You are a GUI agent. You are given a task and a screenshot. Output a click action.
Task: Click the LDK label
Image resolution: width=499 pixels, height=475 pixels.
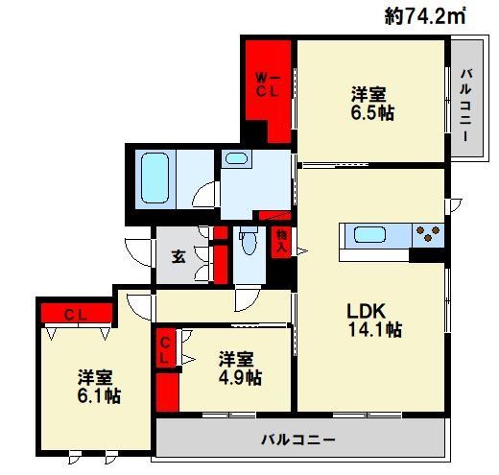[366, 311]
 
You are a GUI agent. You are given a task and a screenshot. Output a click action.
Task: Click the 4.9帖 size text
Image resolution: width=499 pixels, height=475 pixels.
[238, 377]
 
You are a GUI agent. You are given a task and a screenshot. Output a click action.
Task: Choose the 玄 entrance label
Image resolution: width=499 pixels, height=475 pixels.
[179, 256]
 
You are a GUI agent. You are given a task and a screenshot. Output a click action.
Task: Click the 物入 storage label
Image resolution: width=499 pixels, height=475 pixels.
[282, 240]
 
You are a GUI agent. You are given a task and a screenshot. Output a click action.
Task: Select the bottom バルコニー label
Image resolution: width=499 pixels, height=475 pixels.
[299, 440]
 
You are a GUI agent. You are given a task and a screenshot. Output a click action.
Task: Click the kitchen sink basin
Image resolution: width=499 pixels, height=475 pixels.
[369, 233]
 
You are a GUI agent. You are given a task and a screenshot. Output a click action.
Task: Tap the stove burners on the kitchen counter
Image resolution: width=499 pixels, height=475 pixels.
[429, 232]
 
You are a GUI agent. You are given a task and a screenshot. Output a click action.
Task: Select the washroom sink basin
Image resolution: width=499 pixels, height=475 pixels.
[236, 160]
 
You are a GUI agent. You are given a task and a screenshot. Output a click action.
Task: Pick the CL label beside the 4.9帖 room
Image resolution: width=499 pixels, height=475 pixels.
[165, 349]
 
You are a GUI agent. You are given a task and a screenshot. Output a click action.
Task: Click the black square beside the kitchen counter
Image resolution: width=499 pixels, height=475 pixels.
[421, 254]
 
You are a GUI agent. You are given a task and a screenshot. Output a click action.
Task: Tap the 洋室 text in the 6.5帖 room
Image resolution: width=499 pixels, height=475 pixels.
[369, 94]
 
